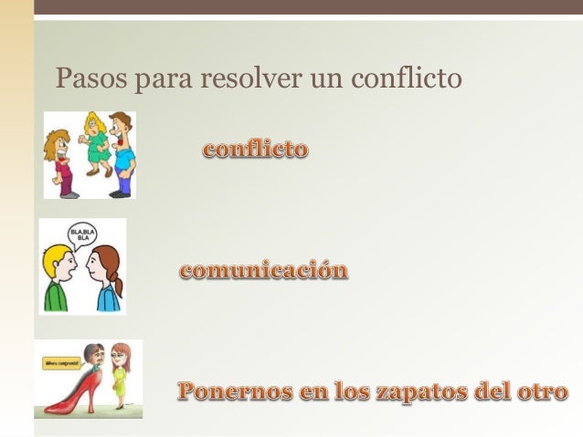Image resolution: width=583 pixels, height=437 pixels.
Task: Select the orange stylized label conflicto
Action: [256, 150]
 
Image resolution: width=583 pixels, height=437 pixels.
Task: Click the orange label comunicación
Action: [264, 271]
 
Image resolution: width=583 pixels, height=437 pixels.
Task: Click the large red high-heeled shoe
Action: [73, 392]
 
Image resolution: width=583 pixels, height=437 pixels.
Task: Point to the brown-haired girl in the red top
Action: [60, 160]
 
